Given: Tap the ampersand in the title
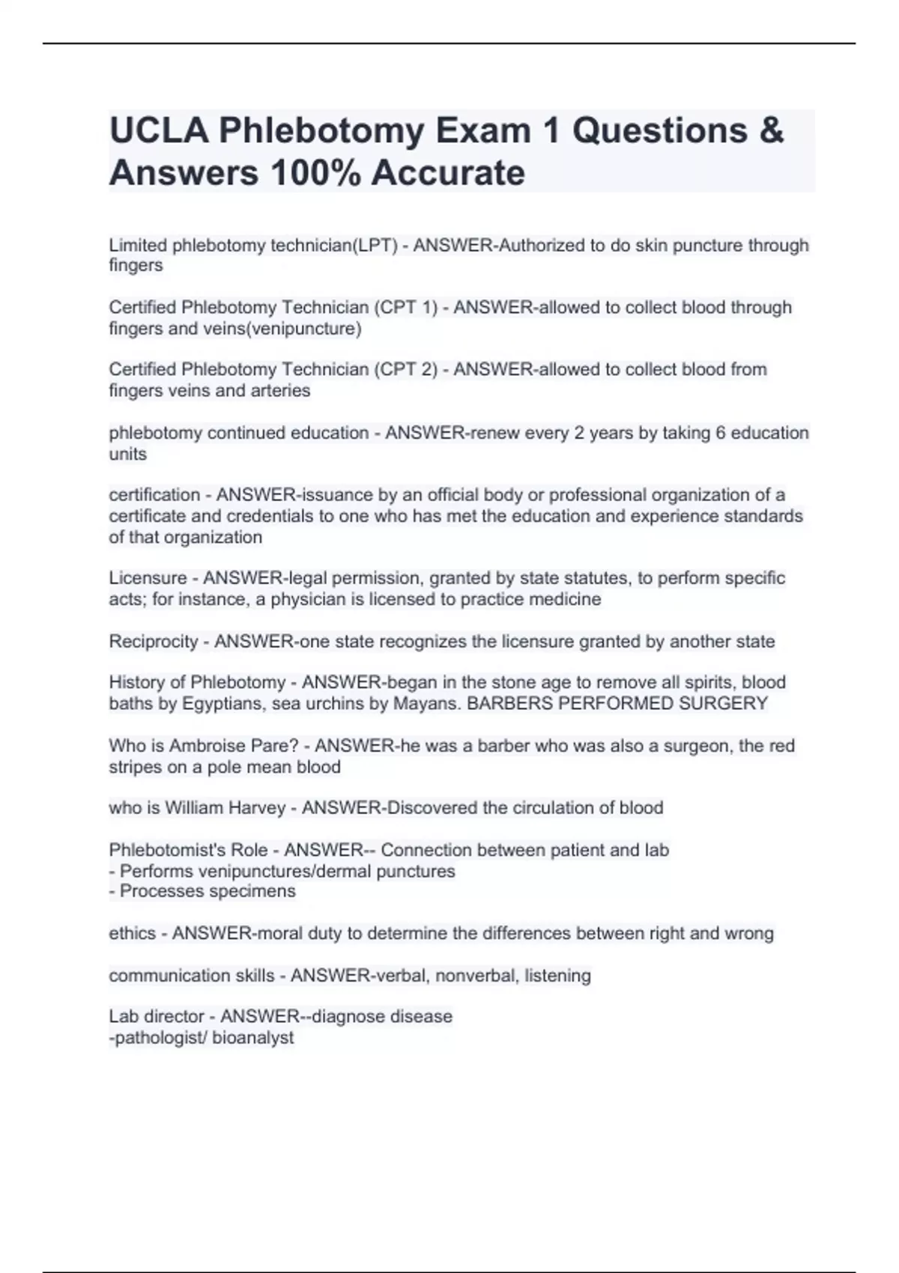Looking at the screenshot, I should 772,131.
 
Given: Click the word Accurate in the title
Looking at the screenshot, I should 448,173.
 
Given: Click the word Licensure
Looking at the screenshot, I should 148,578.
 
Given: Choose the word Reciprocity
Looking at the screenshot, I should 154,642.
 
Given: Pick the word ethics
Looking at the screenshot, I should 132,934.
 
